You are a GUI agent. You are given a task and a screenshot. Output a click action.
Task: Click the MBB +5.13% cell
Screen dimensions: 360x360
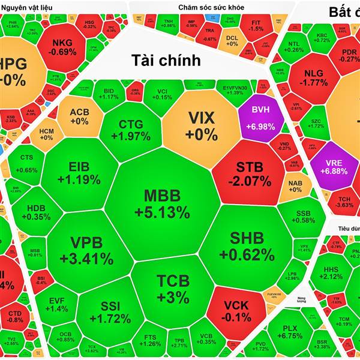click(x=162, y=204)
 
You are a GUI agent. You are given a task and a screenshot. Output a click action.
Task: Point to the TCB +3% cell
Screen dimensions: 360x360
click(x=173, y=288)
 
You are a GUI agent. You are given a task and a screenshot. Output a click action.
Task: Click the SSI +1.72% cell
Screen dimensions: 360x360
click(x=108, y=312)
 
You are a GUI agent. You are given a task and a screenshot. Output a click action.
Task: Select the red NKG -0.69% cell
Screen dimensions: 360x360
click(x=64, y=47)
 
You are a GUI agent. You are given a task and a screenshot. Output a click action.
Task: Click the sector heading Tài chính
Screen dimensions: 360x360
click(x=166, y=60)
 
